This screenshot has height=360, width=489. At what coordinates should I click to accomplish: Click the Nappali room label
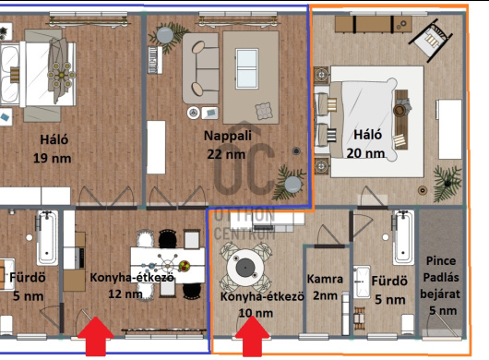tap(228, 136)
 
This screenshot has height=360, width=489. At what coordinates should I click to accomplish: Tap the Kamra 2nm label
tap(325, 287)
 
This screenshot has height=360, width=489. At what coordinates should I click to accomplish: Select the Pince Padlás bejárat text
tap(440, 277)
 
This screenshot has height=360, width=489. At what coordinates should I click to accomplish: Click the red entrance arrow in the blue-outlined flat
tap(96, 336)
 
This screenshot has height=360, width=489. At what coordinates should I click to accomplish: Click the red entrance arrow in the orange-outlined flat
tap(252, 336)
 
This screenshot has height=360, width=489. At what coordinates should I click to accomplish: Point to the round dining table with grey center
tap(245, 268)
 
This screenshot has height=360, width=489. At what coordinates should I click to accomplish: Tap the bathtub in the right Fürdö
tap(403, 237)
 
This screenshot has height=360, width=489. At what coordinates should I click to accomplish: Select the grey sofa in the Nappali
tap(200, 68)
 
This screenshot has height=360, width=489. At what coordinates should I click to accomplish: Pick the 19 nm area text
tap(52, 158)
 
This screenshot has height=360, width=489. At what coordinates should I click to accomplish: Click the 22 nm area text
tap(226, 154)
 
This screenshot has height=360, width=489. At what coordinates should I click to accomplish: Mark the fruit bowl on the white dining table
tap(184, 266)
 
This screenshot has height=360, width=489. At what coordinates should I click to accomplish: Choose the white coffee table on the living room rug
tap(247, 68)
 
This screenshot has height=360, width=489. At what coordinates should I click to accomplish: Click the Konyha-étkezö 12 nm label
tap(132, 285)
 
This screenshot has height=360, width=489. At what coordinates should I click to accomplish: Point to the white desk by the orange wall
tap(450, 129)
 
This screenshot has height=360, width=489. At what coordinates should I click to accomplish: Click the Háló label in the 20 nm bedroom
tap(368, 135)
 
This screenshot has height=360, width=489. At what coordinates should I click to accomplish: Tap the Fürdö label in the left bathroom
tap(28, 277)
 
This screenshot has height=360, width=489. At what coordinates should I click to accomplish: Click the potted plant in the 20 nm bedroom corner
tap(447, 183)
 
